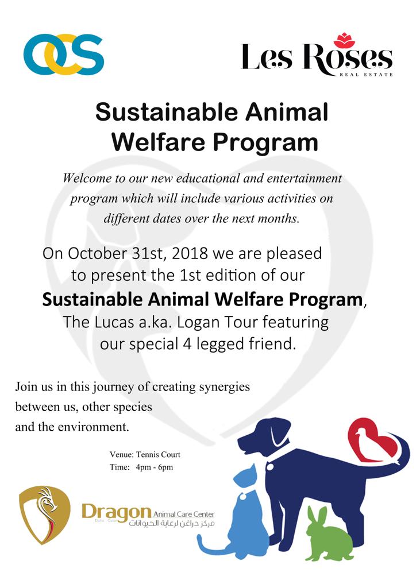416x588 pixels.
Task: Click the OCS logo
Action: pyautogui.click(x=63, y=55)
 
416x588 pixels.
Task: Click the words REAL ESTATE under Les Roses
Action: pyautogui.click(x=366, y=75)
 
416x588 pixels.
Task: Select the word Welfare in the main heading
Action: pyautogui.click(x=158, y=142)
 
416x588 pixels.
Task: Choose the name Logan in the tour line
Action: pyautogui.click(x=198, y=323)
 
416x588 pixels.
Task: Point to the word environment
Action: pyautogui.click(x=93, y=427)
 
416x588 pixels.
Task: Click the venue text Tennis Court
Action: pyautogui.click(x=158, y=455)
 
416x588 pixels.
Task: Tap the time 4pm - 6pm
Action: pyautogui.click(x=155, y=467)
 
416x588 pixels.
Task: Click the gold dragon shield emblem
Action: pyautogui.click(x=45, y=514)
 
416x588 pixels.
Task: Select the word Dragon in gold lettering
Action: pyautogui.click(x=116, y=513)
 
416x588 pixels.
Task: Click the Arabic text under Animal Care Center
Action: pyautogui.click(x=172, y=523)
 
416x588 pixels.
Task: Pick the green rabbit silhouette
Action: pyautogui.click(x=329, y=532)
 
